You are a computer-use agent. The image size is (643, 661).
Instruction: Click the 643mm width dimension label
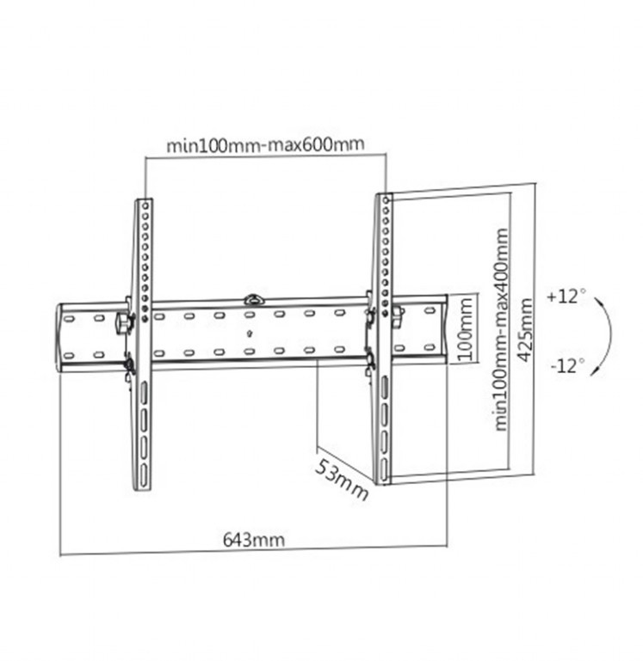point(254,540)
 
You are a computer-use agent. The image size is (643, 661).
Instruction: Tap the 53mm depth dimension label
point(341,480)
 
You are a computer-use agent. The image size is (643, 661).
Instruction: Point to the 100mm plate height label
point(465,330)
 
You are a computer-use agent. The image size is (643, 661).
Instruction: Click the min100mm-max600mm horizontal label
point(265,144)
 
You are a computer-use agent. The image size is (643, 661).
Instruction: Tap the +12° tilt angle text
point(566,297)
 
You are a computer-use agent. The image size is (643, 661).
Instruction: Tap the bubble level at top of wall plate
point(253,300)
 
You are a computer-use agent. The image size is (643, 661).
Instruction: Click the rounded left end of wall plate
point(61,336)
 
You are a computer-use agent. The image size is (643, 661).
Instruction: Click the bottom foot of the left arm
point(142,483)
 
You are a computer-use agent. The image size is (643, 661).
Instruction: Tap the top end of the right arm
point(384,199)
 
